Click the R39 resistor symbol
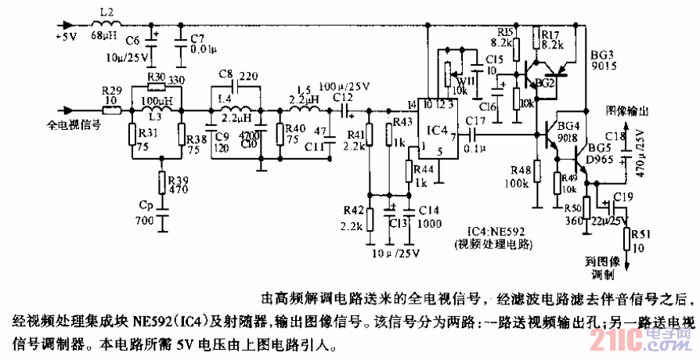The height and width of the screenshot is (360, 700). tap(163, 182)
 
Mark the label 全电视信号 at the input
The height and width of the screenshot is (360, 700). tap(70, 124)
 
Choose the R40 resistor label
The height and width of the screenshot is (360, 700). tap(294, 129)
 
